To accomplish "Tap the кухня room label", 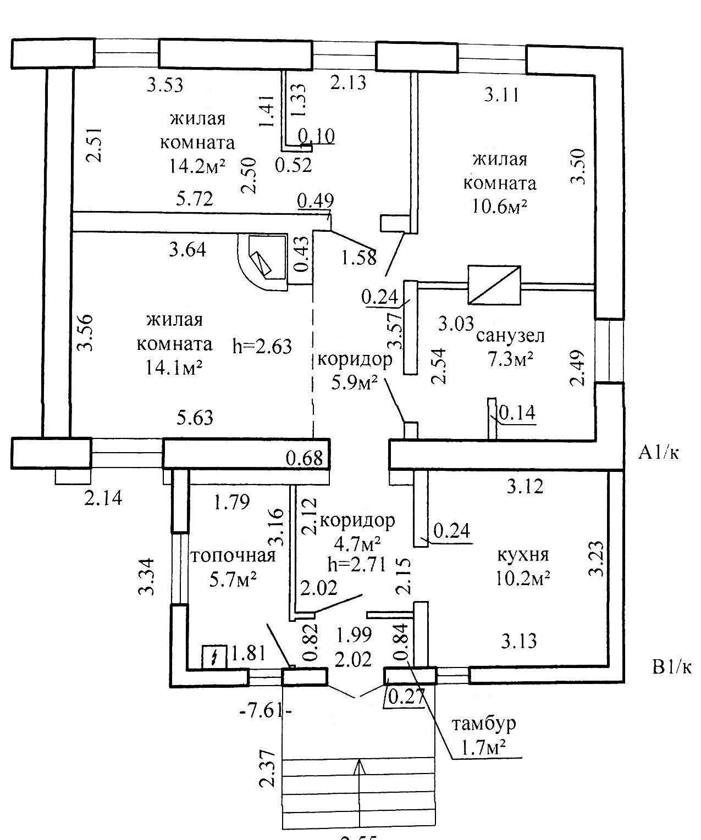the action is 523,555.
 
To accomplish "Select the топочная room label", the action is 233,555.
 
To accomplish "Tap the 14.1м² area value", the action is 174,367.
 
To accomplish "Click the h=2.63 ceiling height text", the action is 262,346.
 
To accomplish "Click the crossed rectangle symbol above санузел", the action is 494,285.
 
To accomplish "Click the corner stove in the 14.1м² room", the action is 262,262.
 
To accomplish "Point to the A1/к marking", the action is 658,453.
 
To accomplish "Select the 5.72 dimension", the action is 195,198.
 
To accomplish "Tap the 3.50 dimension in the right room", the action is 578,166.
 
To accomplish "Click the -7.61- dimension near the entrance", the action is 266,711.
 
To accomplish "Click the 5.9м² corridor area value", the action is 354,383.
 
